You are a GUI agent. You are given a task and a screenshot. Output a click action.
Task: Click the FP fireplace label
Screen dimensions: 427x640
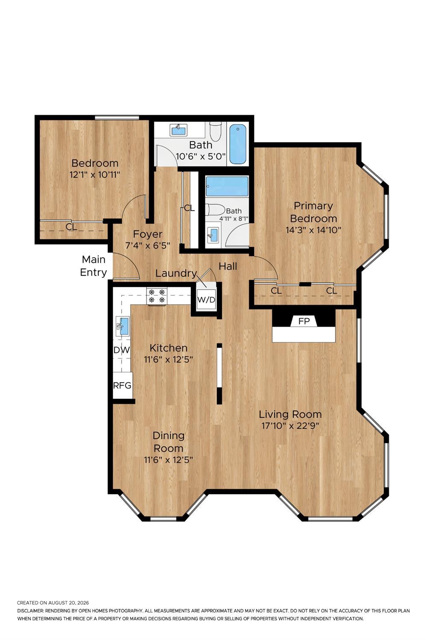coord(304,321)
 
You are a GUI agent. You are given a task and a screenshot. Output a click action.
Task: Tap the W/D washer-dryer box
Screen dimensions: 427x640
coord(206,300)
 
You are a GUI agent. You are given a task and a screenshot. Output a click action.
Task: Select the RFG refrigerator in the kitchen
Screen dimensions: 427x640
coord(123,385)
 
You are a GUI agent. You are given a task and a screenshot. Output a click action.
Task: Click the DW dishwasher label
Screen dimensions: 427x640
coord(122,350)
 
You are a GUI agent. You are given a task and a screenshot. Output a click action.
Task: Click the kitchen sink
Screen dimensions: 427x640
coord(123,326)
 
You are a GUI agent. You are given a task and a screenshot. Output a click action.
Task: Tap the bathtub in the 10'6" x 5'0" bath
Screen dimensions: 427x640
coord(238,144)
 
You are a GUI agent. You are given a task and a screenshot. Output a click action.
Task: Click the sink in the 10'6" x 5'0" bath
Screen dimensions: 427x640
coord(178,130)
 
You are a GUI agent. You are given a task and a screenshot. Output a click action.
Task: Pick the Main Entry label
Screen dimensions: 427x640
coord(93,266)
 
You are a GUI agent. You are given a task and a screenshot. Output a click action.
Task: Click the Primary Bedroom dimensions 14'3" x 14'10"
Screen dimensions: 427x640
coord(313,230)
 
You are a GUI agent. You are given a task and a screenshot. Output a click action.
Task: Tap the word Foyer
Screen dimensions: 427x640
coord(148,234)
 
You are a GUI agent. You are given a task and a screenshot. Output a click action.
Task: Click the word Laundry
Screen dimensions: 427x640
coord(176,273)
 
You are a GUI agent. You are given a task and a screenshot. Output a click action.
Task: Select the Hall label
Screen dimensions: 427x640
coord(228,266)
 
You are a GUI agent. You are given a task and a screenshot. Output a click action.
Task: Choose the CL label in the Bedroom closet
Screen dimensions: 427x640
coord(71,227)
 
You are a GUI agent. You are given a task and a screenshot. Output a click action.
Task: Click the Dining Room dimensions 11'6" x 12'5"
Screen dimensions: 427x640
coord(169,460)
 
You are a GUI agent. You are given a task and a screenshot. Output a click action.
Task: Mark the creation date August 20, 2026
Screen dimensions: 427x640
coord(68,603)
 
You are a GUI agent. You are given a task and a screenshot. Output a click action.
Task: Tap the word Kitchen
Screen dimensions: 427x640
coord(169,348)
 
